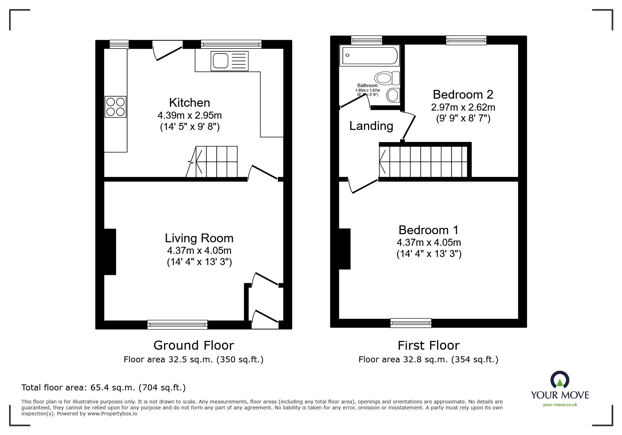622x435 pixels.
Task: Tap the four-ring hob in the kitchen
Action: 116,107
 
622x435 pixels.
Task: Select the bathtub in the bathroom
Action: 370,55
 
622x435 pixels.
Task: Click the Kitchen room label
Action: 189,103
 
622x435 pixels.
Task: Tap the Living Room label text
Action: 199,238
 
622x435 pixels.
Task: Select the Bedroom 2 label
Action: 463,94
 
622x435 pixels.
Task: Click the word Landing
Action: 371,126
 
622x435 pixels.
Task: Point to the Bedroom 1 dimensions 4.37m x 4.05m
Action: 428,242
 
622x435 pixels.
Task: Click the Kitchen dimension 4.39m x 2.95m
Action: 189,115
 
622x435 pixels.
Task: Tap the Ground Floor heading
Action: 194,345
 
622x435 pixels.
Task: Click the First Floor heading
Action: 428,345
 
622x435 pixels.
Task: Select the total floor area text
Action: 104,388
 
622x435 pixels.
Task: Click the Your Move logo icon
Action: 559,381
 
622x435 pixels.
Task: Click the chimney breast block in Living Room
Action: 110,252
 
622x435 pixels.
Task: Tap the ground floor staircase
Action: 212,162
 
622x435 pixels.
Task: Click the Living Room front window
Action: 177,324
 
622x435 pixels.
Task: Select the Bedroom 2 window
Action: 466,40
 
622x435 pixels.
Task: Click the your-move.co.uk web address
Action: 560,405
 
